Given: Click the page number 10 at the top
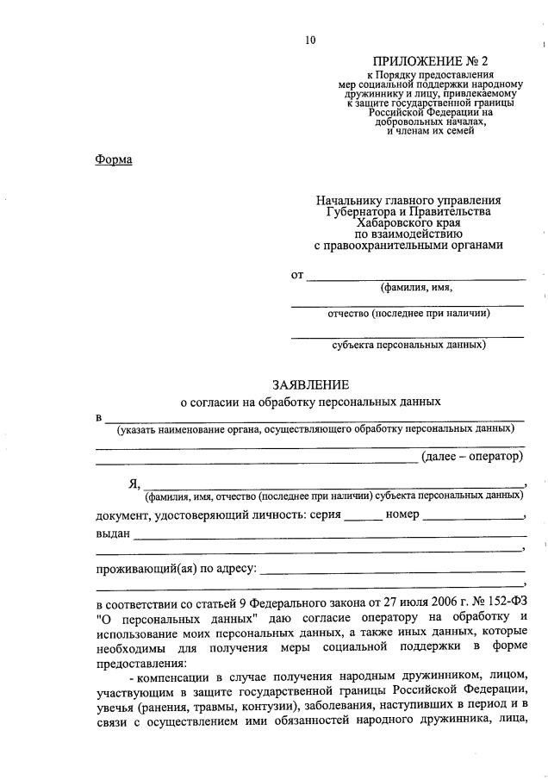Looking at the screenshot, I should pos(310,39).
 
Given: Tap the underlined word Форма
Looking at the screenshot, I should pos(113,160).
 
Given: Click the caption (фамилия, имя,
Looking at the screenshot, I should pos(416,288).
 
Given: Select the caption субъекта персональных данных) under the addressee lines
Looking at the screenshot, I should pos(408,345).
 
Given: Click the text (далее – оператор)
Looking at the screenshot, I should pos(471,457).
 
